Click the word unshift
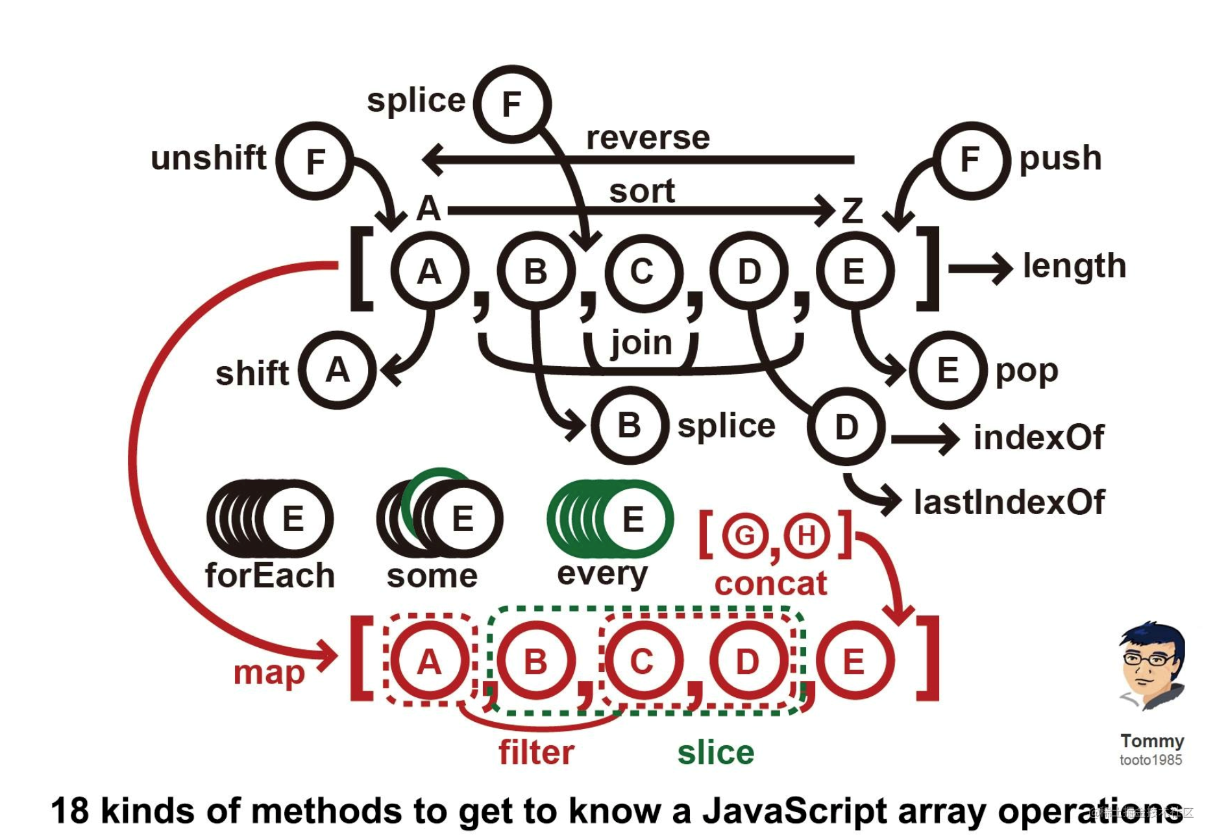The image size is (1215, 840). [x=208, y=158]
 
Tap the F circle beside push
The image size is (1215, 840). [x=971, y=160]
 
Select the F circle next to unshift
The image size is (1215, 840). [x=315, y=161]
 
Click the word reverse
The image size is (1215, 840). [x=648, y=138]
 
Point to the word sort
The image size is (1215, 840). [x=642, y=191]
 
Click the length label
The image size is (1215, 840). [x=1074, y=266]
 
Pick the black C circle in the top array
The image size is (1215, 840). [x=642, y=271]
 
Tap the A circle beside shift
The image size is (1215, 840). [x=337, y=371]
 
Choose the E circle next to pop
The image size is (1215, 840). [x=948, y=371]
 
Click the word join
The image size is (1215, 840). [x=641, y=343]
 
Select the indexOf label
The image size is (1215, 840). [x=1038, y=438]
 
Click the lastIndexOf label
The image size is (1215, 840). [x=1009, y=502]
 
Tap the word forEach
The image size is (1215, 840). [x=269, y=576]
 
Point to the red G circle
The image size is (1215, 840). [x=744, y=536]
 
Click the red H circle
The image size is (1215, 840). [x=806, y=536]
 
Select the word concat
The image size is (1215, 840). [x=770, y=584]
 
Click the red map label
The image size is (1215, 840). [x=269, y=673]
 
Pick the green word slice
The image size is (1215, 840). [x=716, y=753]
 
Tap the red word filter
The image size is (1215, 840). [x=536, y=753]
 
